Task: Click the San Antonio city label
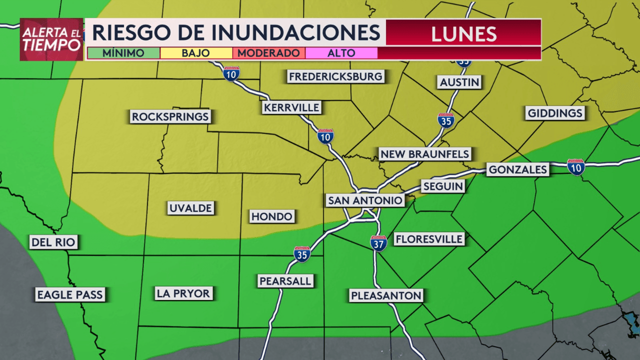(365, 200)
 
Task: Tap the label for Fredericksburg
(335, 76)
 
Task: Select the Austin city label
(459, 82)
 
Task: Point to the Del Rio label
(53, 243)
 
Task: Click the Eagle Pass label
(69, 294)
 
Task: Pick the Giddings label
(555, 113)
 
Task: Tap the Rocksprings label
(170, 116)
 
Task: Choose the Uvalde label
(190, 208)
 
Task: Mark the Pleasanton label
(386, 295)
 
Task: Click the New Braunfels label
(424, 154)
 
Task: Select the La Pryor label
(183, 293)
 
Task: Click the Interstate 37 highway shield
(378, 243)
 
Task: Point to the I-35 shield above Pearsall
(302, 254)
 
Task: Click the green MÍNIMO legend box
(123, 53)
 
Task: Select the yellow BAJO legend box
(196, 53)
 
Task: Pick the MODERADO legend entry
(268, 53)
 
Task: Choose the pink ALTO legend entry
(341, 53)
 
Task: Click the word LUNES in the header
(463, 34)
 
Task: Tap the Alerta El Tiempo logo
(51, 39)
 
